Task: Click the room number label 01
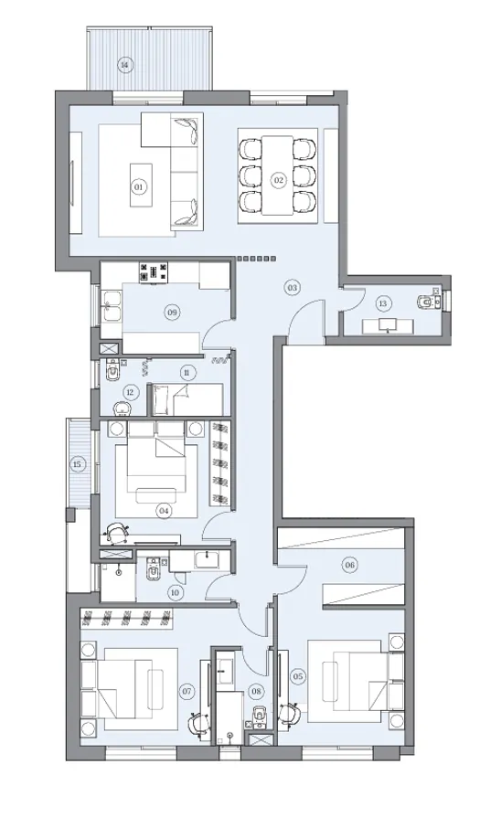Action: point(139,186)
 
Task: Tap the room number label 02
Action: point(278,180)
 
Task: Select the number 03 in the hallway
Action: point(292,288)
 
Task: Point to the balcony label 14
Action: point(125,65)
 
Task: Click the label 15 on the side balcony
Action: point(77,465)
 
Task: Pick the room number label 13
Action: point(383,303)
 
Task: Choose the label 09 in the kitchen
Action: point(171,313)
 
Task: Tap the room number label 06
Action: point(349,565)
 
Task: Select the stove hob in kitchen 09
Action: point(154,271)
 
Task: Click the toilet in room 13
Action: point(424,302)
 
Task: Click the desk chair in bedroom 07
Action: point(195,720)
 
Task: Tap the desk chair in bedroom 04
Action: point(116,531)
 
